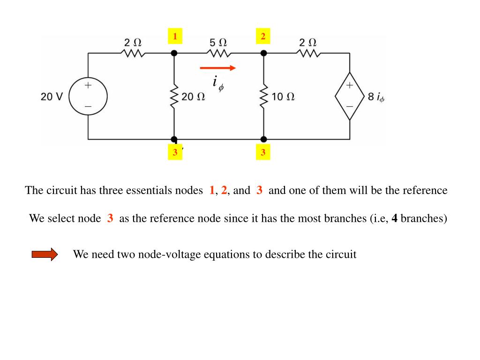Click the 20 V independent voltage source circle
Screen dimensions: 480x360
click(x=88, y=96)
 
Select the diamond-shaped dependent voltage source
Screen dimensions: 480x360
click(x=350, y=96)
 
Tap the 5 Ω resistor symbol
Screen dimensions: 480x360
click(x=219, y=53)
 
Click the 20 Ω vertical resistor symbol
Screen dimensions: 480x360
click(x=174, y=96)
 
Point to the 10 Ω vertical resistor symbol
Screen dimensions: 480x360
click(x=263, y=96)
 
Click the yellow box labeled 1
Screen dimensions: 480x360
click(x=175, y=36)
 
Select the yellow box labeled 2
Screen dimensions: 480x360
click(x=263, y=36)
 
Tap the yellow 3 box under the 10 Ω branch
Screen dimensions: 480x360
click(x=263, y=152)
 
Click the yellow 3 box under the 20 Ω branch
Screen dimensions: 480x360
click(x=175, y=152)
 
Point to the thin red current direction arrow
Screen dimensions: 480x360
click(x=217, y=68)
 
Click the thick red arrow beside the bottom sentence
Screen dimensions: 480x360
click(x=45, y=254)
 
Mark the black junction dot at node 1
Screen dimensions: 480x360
click(x=174, y=53)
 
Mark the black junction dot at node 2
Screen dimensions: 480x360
click(x=263, y=53)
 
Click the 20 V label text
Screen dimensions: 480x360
click(x=52, y=97)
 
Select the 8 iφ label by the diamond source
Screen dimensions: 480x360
click(x=376, y=97)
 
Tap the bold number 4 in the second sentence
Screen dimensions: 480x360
click(x=395, y=218)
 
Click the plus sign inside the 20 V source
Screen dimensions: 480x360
click(x=88, y=85)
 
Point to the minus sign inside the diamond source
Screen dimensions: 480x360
click(x=350, y=106)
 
